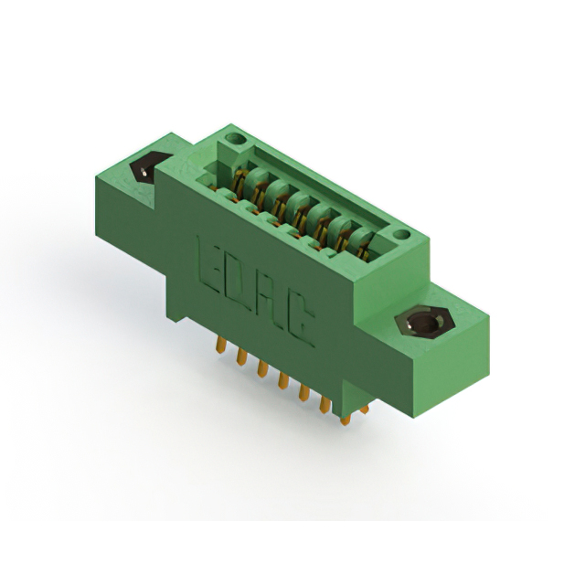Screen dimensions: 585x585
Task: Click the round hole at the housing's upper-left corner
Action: pyautogui.click(x=236, y=140)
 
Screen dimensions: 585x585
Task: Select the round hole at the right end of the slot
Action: pyautogui.click(x=401, y=235)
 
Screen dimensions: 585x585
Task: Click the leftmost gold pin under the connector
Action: pyautogui.click(x=220, y=345)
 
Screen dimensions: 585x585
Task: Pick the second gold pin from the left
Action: pyautogui.click(x=241, y=356)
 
